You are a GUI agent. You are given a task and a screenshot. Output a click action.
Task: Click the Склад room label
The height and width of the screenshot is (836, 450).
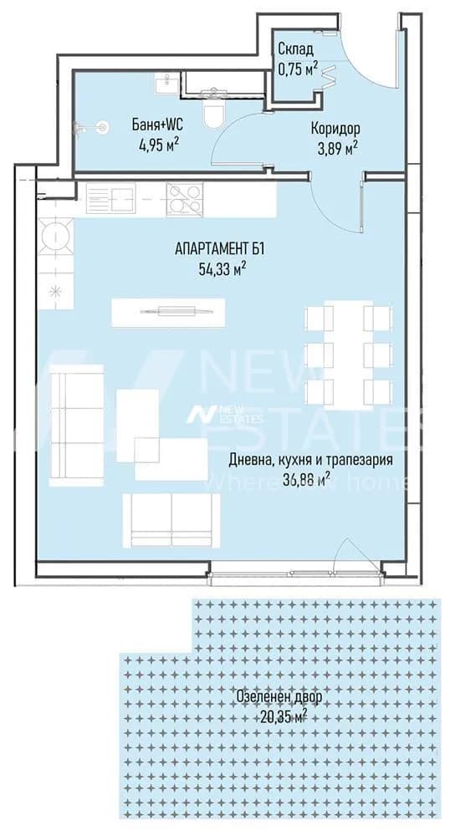pos(295,49)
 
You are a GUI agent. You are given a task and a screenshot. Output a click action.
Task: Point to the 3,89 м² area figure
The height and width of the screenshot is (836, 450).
pos(336,150)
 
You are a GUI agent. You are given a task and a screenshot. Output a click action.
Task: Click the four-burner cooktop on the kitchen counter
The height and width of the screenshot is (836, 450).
pos(185,200)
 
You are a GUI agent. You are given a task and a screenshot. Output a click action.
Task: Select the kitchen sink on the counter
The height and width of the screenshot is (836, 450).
pos(110,200)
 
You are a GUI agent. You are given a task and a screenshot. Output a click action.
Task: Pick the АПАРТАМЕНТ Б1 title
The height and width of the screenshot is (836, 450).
pos(219,248)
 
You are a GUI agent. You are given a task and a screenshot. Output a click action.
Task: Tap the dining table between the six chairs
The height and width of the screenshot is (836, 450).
pos(349,355)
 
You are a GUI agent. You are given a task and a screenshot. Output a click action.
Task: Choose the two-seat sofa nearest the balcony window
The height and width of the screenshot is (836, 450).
pos(171,520)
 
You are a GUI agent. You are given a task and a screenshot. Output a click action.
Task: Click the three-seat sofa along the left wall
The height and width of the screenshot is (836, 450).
pos(76,426)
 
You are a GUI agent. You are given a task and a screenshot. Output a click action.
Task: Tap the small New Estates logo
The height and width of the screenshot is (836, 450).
pos(224,414)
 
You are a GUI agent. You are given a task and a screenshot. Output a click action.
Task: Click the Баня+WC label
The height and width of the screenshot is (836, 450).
pos(158,125)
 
